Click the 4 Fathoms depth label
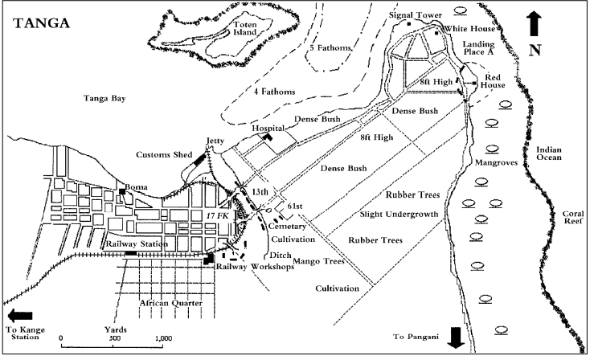[270, 91]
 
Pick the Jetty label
[215, 140]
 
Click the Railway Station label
[137, 243]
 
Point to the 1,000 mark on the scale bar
[162, 338]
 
